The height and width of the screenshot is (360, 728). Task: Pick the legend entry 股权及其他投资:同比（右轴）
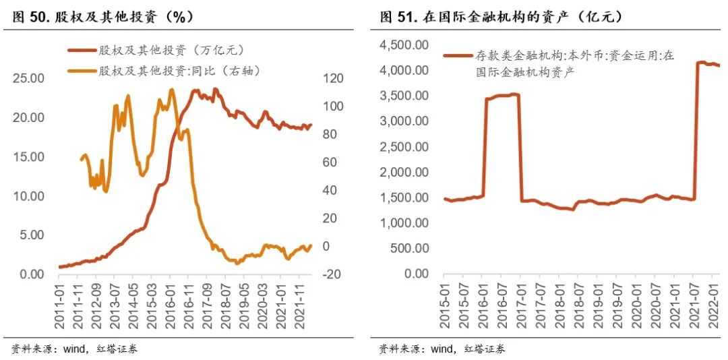179,70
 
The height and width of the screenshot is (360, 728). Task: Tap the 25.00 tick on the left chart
29,78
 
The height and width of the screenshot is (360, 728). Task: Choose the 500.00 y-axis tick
411,248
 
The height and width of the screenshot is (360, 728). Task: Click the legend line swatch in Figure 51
458,57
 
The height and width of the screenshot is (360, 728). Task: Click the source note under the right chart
442,349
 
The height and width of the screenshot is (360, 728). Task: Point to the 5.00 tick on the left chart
32,235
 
